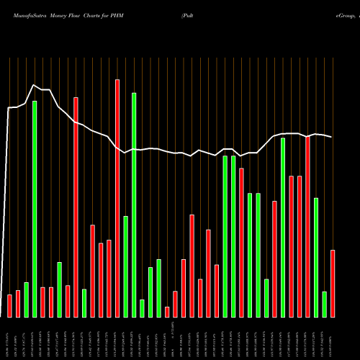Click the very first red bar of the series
pyautogui.click(x=9, y=305)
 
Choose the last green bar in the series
pyautogui.click(x=325, y=304)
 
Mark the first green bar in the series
pyautogui.click(x=26, y=300)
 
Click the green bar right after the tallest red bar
pyautogui.click(x=125, y=266)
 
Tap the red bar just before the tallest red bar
pyautogui.click(x=109, y=278)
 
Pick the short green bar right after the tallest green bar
pyautogui.click(x=142, y=308)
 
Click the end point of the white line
pyautogui.click(x=332, y=137)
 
